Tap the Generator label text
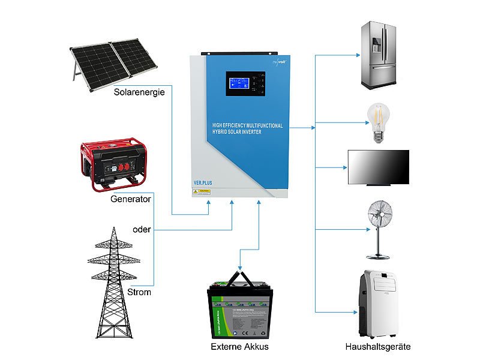130,199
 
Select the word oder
142,229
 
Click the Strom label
139,292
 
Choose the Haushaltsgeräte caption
378,347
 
